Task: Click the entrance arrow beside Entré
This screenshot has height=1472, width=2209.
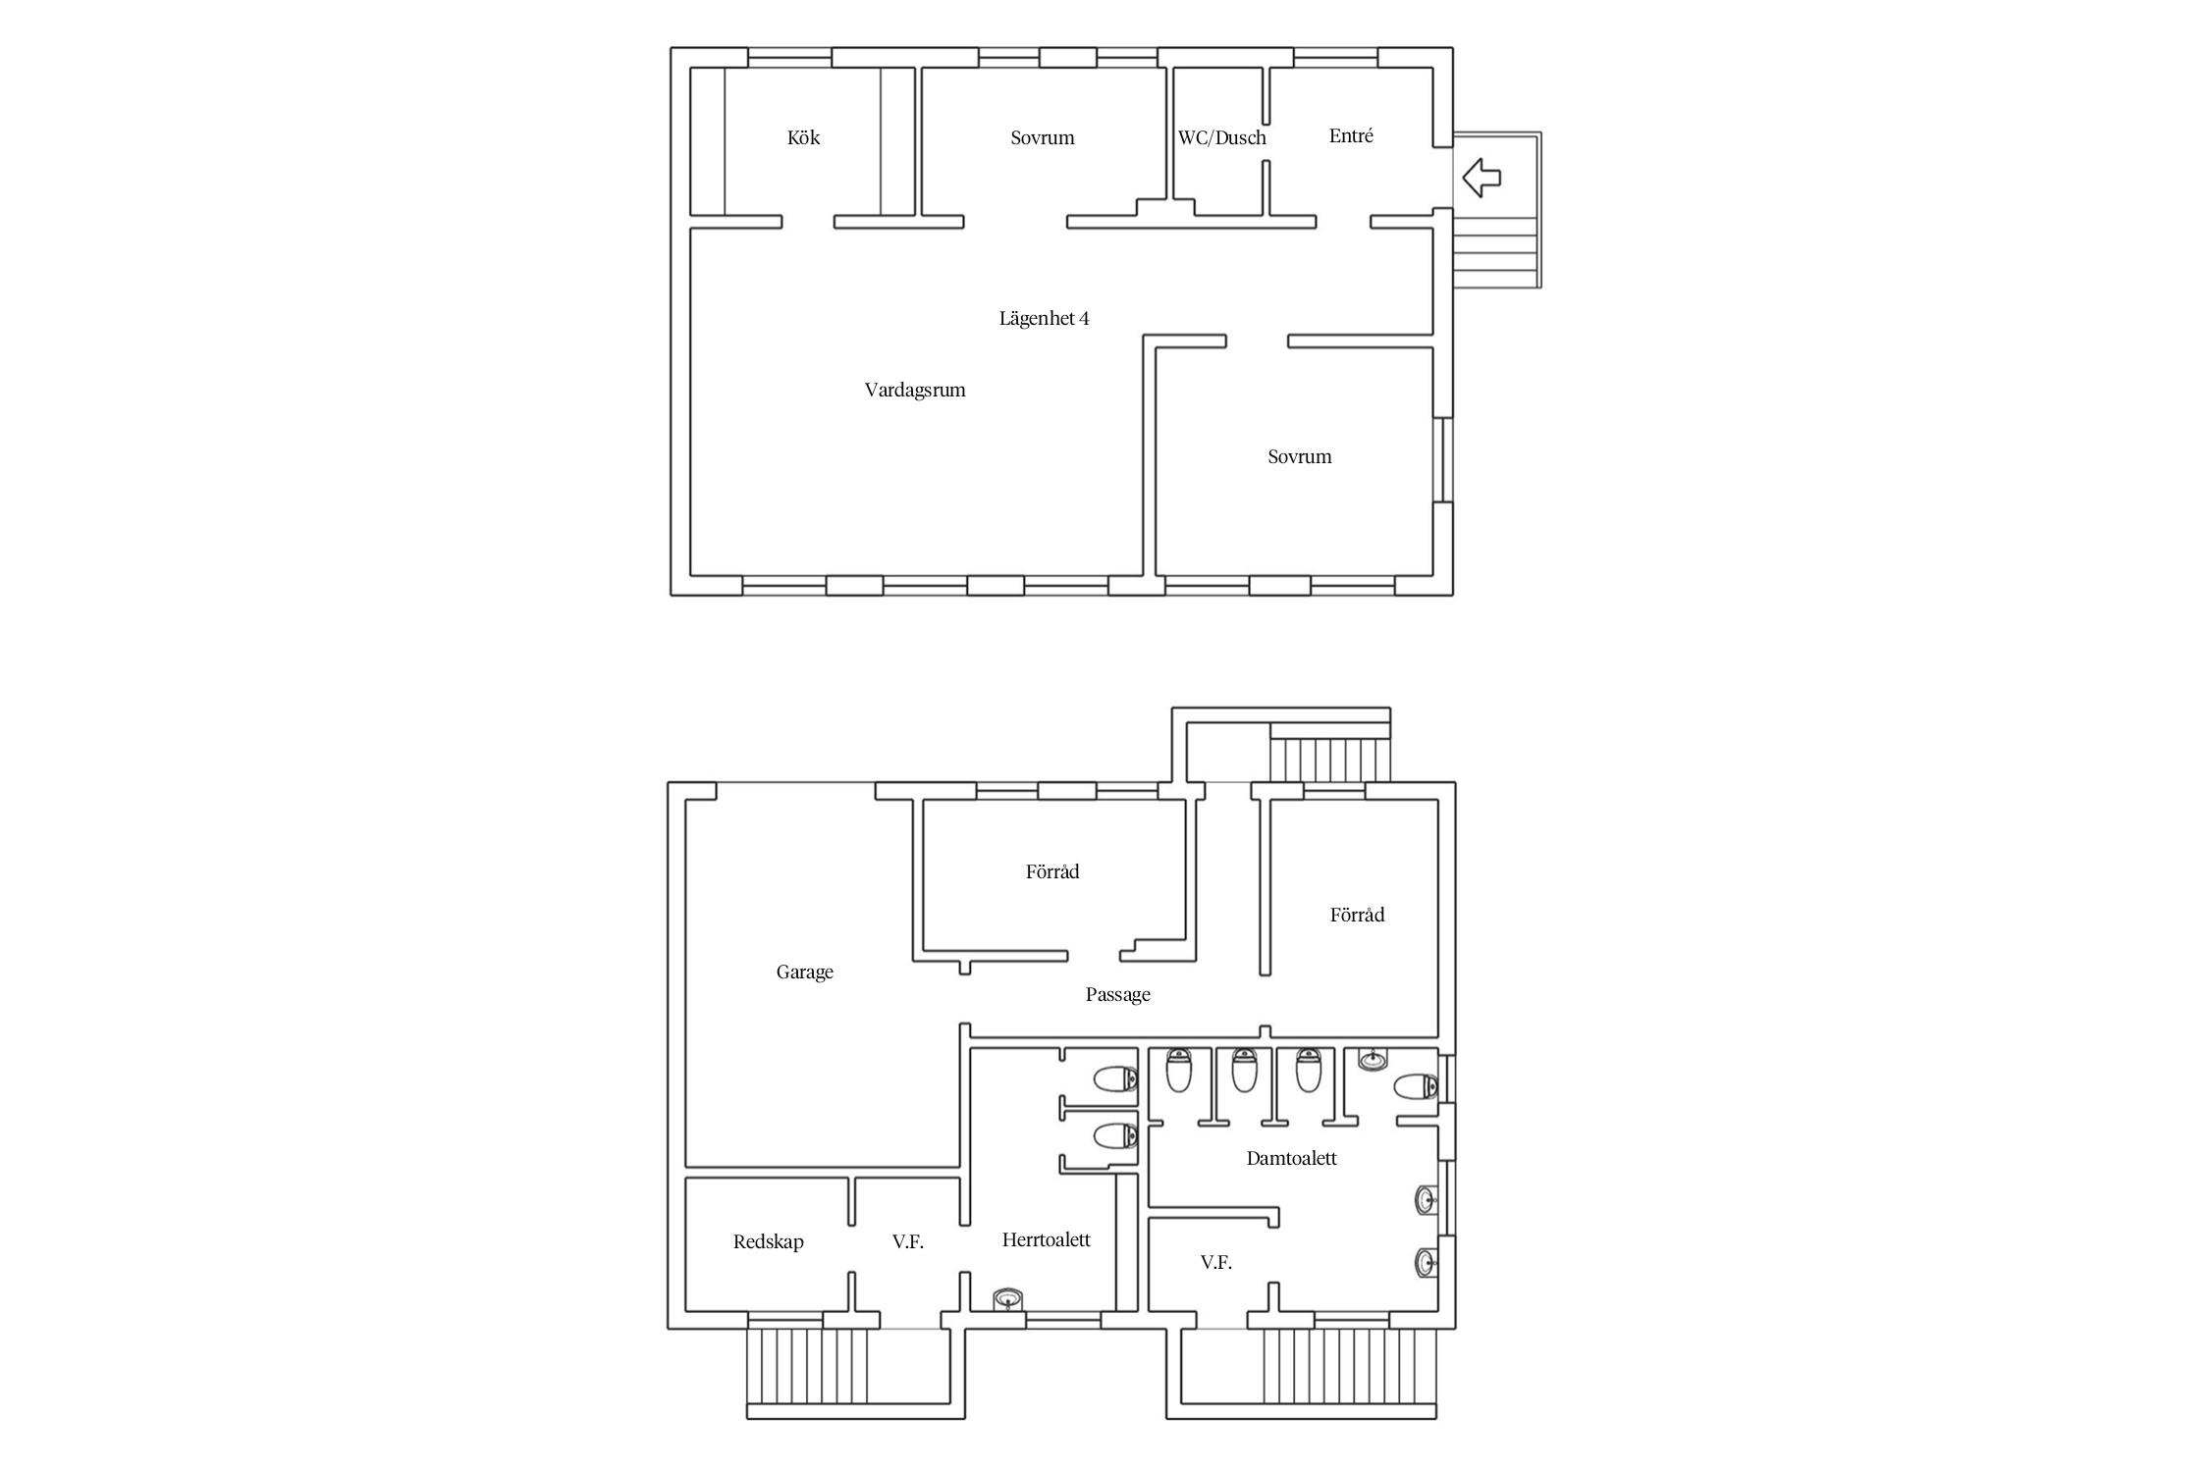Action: pos(1482,178)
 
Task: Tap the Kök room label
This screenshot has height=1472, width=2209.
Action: pos(803,137)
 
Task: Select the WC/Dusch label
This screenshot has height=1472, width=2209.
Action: pos(1221,137)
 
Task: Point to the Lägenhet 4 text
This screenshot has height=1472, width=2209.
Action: pos(1044,318)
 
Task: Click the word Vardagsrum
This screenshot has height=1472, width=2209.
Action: pos(915,390)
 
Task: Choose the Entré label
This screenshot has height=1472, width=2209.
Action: pos(1351,135)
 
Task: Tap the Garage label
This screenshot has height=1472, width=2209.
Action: pos(804,972)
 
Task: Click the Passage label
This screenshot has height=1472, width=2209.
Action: pos(1117,994)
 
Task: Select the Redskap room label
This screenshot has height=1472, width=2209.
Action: pos(768,1241)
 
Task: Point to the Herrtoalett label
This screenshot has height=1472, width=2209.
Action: pos(1046,1239)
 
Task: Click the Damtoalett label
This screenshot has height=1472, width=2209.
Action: pos(1291,1158)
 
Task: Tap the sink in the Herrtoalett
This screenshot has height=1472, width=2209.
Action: pos(1008,1300)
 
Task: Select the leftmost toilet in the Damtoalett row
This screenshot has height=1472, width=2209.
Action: pos(1178,1070)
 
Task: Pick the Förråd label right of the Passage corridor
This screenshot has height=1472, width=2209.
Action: pos(1357,915)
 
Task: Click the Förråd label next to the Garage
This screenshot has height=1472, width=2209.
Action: pos(1052,871)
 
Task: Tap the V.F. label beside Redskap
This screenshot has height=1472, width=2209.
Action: pos(908,1241)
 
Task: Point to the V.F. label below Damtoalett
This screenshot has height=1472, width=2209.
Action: pos(1215,1263)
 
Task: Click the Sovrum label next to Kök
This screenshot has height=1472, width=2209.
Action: pos(1043,137)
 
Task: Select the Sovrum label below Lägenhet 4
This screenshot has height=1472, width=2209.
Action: pos(1299,456)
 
